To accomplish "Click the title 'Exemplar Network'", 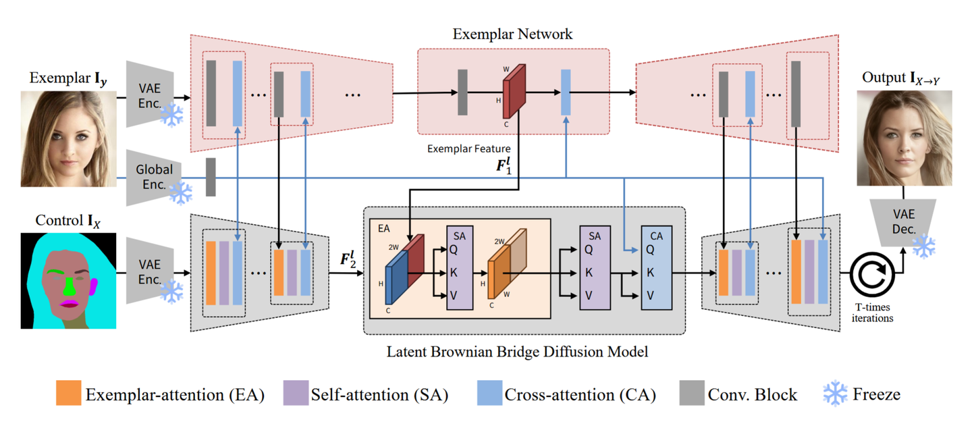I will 513,34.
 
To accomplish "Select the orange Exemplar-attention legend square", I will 67,394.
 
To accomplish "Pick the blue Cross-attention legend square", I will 489,394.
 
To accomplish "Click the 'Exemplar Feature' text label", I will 468,148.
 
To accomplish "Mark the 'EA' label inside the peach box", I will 383,230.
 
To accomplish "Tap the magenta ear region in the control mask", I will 94,286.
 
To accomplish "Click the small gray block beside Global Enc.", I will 211,177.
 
